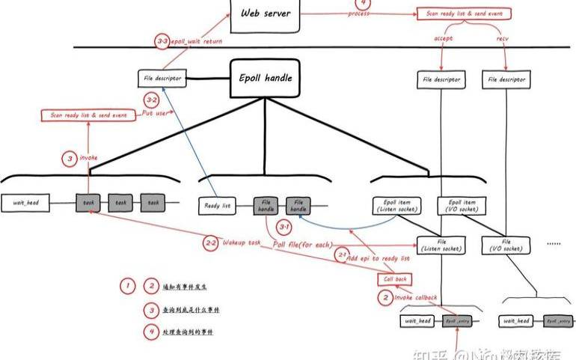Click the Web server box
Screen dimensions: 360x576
[266, 15]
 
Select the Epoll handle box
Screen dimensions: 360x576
[265, 78]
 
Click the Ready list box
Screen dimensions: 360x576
[217, 204]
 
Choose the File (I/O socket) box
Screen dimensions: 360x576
[506, 245]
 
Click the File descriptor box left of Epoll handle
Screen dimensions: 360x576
[160, 78]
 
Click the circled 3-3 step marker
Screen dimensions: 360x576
[162, 43]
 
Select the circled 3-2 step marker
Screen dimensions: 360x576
[152, 100]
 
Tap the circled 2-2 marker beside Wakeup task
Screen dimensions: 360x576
[210, 242]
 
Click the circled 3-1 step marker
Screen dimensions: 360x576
[284, 225]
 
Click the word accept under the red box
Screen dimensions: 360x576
[443, 37]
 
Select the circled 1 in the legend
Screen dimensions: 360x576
[128, 286]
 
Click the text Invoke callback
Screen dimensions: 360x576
[416, 297]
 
